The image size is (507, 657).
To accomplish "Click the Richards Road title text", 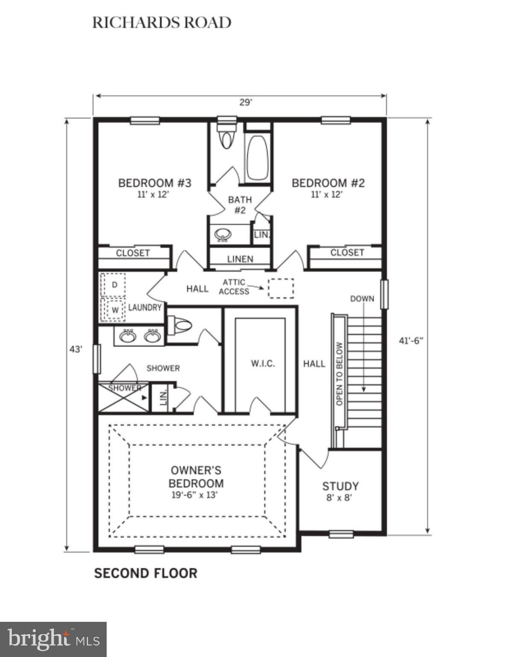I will [x=162, y=23].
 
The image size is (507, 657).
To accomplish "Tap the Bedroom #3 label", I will [x=155, y=183].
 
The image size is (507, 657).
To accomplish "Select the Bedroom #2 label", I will [x=328, y=183].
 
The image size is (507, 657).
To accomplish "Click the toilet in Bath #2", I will [x=226, y=135].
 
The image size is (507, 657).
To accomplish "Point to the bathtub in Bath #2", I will [x=258, y=157].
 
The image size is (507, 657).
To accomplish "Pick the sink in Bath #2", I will [x=223, y=234].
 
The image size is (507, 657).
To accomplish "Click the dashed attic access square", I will [x=281, y=288].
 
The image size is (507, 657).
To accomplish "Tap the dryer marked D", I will [x=114, y=284].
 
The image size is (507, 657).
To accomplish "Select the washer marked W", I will [x=114, y=309].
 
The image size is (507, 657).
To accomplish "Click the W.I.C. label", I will [x=263, y=364].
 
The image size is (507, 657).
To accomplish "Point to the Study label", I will [x=340, y=486].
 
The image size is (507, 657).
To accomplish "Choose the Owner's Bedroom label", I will [x=196, y=477].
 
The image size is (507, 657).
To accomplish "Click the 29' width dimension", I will [x=246, y=103].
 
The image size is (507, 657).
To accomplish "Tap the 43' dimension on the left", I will [x=76, y=349].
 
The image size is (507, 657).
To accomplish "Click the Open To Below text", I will [x=340, y=373].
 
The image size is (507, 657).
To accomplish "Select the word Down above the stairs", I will [x=362, y=299].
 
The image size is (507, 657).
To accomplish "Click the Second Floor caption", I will [x=146, y=574].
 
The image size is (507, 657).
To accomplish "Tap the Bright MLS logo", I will [x=53, y=639].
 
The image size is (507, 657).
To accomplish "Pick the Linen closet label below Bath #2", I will [x=240, y=259].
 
